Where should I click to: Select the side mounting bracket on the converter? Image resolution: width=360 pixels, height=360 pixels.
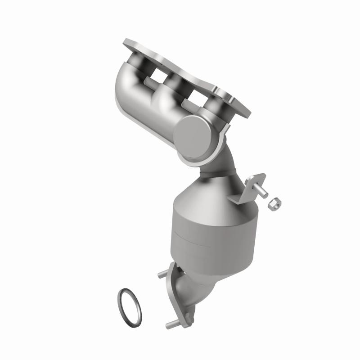[x=243, y=189]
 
